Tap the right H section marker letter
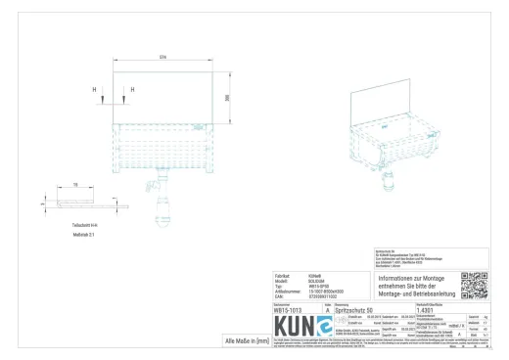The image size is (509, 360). tap(132, 92)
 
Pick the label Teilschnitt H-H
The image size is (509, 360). tap(72, 224)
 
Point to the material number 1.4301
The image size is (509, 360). tap(427, 310)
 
